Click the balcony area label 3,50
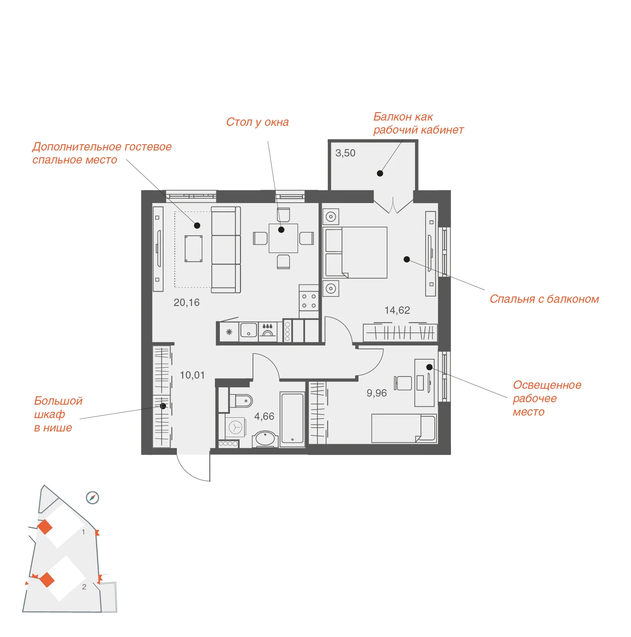345,153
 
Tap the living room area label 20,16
186,302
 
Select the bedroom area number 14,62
397,310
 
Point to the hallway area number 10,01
192,375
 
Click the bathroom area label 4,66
264,416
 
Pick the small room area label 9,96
377,393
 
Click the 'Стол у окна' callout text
258,122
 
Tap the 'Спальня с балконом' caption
544,299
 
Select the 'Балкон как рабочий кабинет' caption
419,123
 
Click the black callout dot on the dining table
281,230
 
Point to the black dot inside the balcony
380,173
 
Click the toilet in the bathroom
241,401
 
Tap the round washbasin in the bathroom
265,439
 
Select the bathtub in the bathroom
292,419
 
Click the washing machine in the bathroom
235,428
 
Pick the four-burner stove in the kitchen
309,301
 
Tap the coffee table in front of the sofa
194,249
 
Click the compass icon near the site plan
93,498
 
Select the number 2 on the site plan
84,587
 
